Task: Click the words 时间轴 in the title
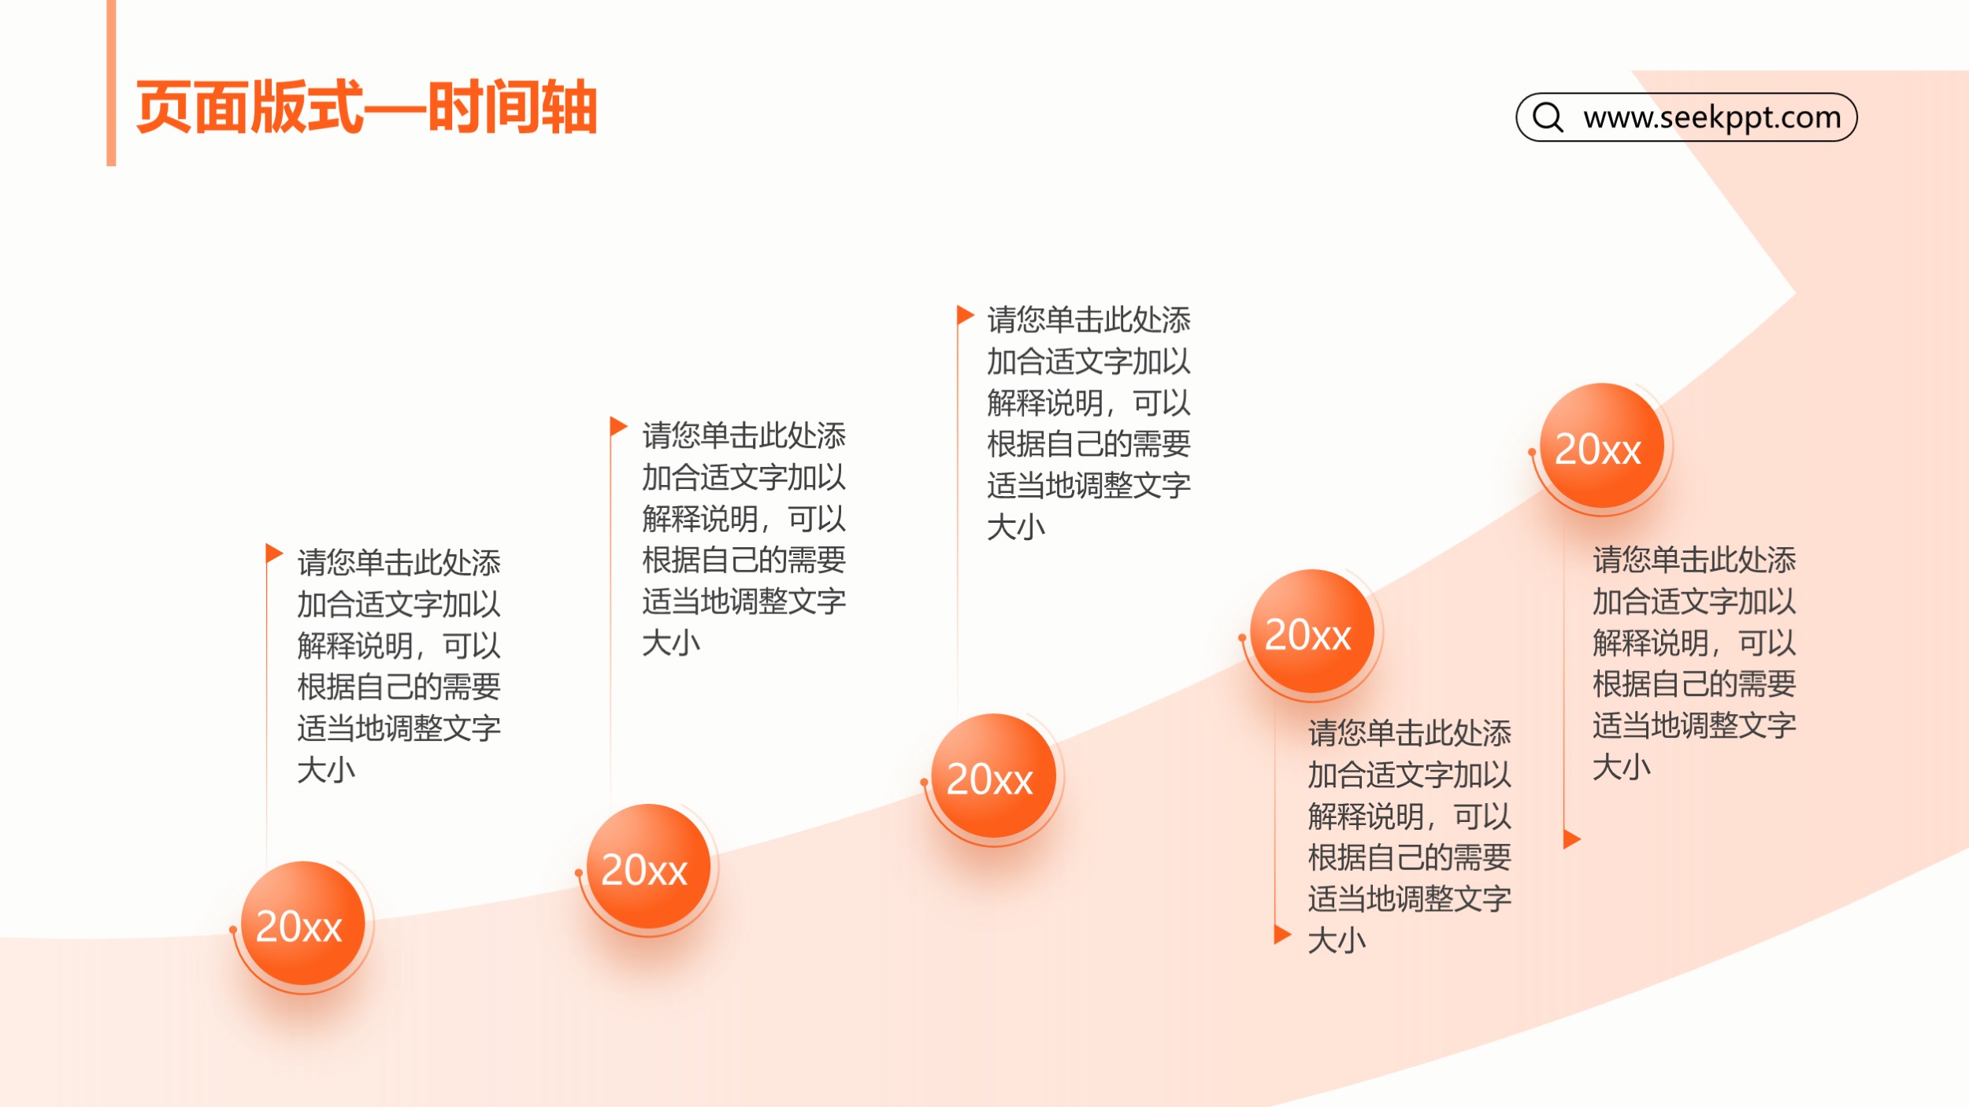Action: (x=512, y=107)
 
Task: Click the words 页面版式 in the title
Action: (x=250, y=107)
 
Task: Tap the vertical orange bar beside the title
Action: (x=111, y=83)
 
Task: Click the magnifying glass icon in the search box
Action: (x=1548, y=117)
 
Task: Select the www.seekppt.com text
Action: (x=1712, y=117)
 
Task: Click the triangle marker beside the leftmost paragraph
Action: (x=274, y=553)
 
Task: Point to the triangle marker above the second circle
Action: (x=618, y=427)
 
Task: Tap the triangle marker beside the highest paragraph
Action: (x=966, y=315)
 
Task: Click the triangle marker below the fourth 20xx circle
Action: (x=1283, y=934)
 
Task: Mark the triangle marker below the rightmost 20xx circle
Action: (x=1572, y=839)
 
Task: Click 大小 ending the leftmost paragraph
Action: (x=326, y=769)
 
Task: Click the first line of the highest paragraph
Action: (x=1088, y=320)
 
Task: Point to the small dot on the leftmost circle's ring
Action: (x=233, y=930)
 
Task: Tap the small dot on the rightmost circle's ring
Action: (x=1532, y=452)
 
